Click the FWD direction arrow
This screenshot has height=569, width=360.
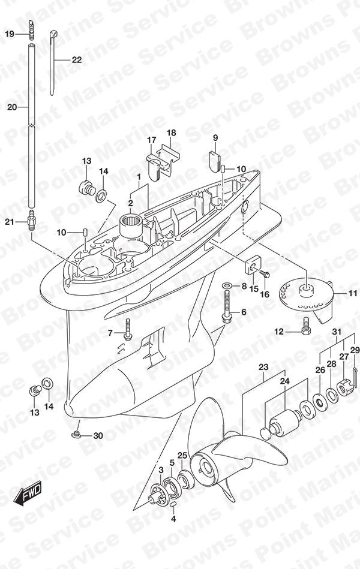coord(28,494)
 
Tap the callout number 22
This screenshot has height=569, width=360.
coord(77,59)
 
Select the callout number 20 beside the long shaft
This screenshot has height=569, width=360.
coord(12,107)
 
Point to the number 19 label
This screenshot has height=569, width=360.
coord(10,34)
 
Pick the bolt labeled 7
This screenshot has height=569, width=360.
coord(128,330)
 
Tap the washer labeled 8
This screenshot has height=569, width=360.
coord(227,285)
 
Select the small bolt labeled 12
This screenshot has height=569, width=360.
coord(306,326)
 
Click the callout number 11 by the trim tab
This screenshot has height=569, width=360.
coord(352,293)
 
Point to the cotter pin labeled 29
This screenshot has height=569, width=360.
coord(355,377)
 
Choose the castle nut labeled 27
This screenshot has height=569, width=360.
coord(344,387)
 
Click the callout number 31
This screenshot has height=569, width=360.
coord(337,332)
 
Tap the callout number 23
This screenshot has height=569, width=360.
coord(263,367)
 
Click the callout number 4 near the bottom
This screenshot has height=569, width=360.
coord(173,519)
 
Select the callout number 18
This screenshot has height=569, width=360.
coord(171,133)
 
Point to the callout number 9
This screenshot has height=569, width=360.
coord(215,137)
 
